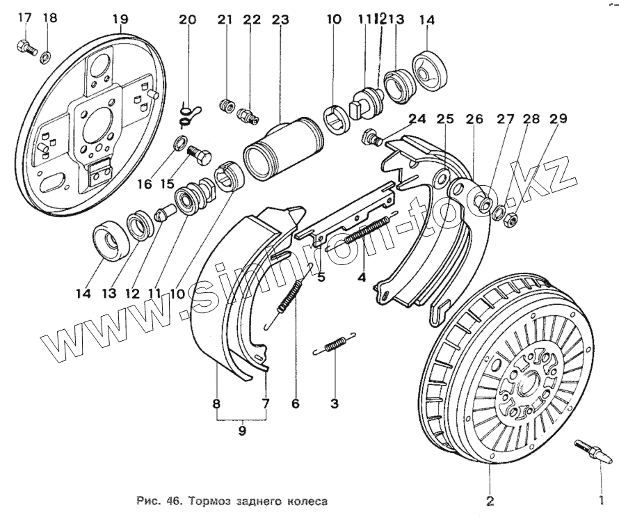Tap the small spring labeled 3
[335, 346]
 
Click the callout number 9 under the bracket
[241, 431]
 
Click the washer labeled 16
[179, 145]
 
